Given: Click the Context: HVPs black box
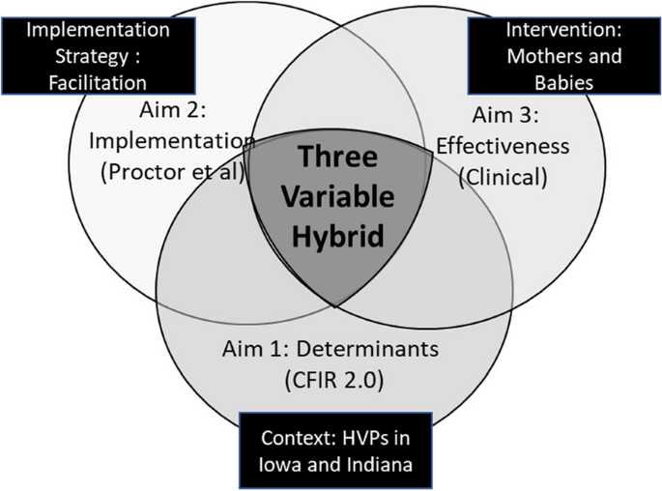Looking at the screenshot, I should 335,449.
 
